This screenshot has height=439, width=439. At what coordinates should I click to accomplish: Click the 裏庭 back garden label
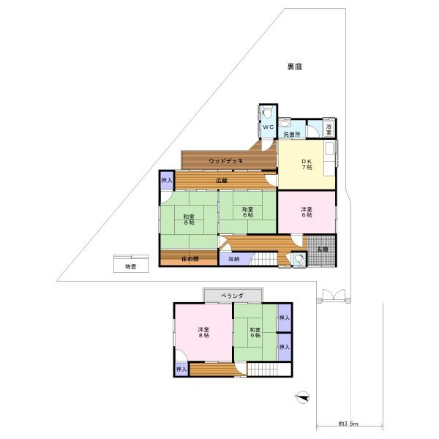[x=295, y=67]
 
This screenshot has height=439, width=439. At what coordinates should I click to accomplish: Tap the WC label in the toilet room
[x=269, y=127]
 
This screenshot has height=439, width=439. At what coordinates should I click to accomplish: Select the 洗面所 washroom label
[x=292, y=135]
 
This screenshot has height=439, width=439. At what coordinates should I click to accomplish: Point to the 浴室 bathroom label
[x=329, y=130]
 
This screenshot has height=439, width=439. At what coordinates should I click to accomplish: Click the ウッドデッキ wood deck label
[x=226, y=161]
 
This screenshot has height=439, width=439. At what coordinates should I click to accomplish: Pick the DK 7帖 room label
[x=307, y=165]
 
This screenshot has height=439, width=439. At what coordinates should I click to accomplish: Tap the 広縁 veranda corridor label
[x=222, y=181]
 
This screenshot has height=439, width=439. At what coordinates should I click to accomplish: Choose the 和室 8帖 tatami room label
[x=189, y=219]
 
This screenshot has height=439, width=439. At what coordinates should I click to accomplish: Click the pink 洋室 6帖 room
[x=307, y=212]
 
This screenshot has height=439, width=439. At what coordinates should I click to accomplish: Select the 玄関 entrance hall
[x=322, y=250]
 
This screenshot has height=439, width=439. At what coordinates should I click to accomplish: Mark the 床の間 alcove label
[x=190, y=259]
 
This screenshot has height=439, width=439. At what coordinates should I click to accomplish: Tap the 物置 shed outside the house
[x=131, y=263]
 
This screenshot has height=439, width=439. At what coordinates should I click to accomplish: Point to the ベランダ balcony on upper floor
[x=233, y=296]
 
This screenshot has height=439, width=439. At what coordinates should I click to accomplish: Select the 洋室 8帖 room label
[x=203, y=332]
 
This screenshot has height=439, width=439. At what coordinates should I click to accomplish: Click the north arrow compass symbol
[x=301, y=397]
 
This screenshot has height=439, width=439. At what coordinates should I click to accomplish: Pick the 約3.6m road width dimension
[x=348, y=424]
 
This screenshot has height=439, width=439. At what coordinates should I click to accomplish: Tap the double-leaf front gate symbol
[x=334, y=296]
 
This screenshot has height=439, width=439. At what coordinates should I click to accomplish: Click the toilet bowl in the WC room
[x=267, y=113]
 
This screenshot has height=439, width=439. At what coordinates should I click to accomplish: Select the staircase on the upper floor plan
[x=269, y=369]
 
